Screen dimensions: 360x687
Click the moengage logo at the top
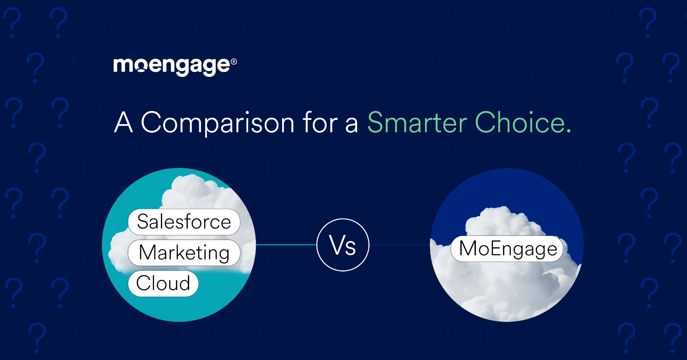(x=172, y=66)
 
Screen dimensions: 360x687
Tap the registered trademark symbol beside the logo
(x=234, y=61)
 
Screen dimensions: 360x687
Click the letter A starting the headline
(x=123, y=123)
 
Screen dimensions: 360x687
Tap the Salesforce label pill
(x=184, y=222)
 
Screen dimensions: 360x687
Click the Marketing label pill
(x=184, y=253)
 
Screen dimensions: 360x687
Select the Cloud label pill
(x=163, y=284)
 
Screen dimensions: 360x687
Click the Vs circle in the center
(x=343, y=245)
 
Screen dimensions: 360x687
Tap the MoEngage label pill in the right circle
(x=507, y=249)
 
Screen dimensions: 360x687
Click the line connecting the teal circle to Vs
(x=286, y=245)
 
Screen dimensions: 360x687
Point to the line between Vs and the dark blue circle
(x=399, y=245)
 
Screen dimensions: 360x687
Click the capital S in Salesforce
(x=143, y=222)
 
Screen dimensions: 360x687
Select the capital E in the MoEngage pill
(x=491, y=249)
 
